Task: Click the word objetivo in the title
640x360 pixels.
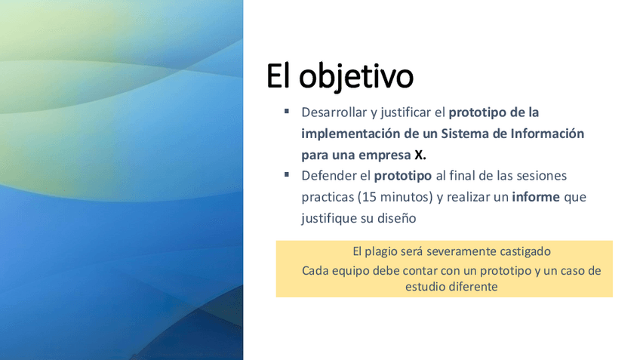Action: pos(356,77)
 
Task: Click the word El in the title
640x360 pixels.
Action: pos(278,75)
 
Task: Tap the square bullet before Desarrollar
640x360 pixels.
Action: pos(287,111)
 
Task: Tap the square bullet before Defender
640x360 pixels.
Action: pos(287,174)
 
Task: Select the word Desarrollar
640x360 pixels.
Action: pos(334,112)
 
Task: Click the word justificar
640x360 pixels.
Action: pos(406,113)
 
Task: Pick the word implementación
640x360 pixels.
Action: pos(351,134)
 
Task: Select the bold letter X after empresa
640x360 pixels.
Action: pos(419,155)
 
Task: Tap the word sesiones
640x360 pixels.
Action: pos(542,176)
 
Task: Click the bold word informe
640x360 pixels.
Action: pos(536,197)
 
